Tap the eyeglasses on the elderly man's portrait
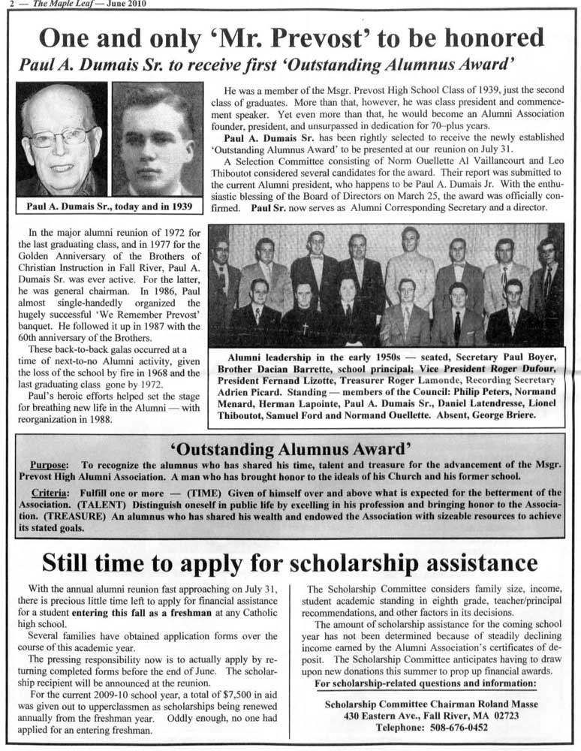[x=60, y=137]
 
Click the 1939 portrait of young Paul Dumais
[x=157, y=139]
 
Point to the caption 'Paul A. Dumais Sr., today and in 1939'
[x=110, y=206]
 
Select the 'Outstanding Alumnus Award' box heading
[x=290, y=449]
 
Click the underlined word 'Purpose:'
[x=49, y=466]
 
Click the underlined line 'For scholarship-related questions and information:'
[x=425, y=683]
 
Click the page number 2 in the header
[x=5, y=4]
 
